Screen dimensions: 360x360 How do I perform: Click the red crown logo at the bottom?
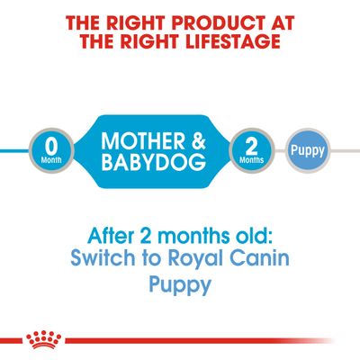tap(40, 339)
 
